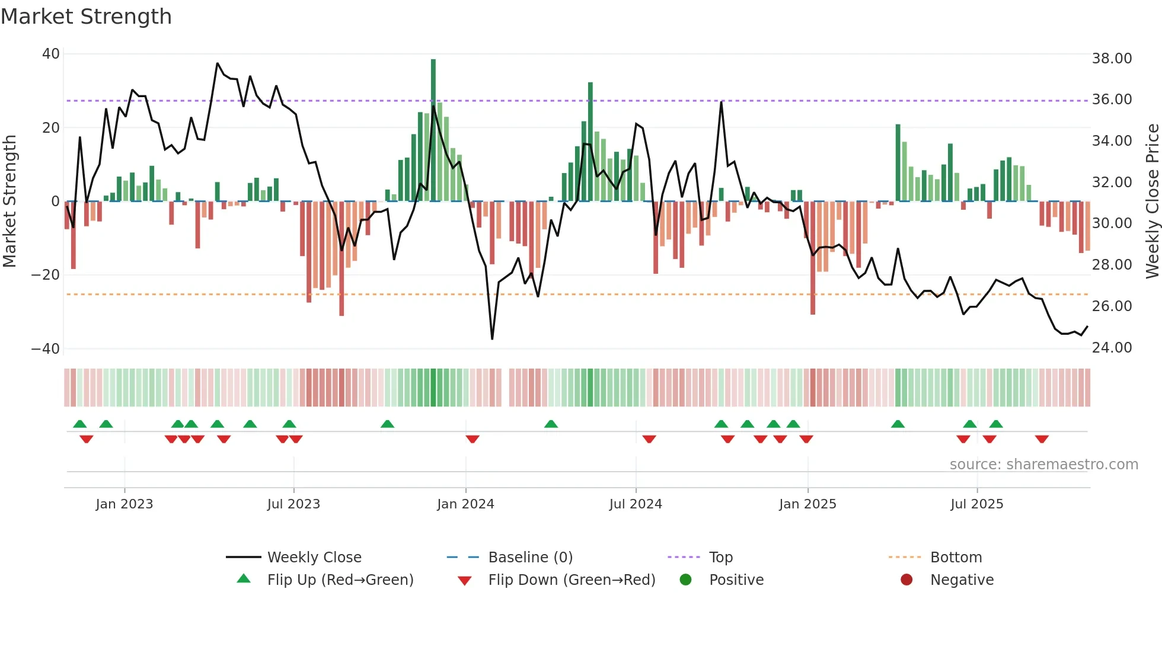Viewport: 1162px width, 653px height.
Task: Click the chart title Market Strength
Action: point(86,17)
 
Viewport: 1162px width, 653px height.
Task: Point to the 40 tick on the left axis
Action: point(51,54)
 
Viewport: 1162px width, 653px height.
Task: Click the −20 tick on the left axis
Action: point(46,275)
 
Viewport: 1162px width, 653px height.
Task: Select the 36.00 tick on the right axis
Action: point(1112,100)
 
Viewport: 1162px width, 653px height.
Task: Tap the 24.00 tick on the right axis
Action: point(1112,348)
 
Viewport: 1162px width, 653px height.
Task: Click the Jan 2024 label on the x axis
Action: point(465,504)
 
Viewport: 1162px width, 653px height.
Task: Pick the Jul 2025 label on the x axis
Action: point(976,504)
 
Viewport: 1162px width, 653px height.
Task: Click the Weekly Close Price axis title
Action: point(1152,201)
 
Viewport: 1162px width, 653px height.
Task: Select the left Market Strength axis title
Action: point(9,201)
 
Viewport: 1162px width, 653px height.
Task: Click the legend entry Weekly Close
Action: point(314,558)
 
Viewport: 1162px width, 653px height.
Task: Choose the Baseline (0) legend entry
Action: point(530,558)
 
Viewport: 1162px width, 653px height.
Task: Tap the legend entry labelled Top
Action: point(720,558)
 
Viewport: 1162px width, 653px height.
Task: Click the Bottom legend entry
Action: point(956,558)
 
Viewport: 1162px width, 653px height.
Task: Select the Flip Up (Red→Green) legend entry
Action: point(340,580)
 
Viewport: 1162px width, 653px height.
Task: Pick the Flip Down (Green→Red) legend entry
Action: point(571,580)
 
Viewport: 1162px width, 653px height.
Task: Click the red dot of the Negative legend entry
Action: point(906,580)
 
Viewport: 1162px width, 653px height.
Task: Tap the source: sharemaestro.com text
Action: point(1043,465)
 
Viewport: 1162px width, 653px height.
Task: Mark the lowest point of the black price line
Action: point(492,339)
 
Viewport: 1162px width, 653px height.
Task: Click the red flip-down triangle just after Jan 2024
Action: point(473,439)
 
